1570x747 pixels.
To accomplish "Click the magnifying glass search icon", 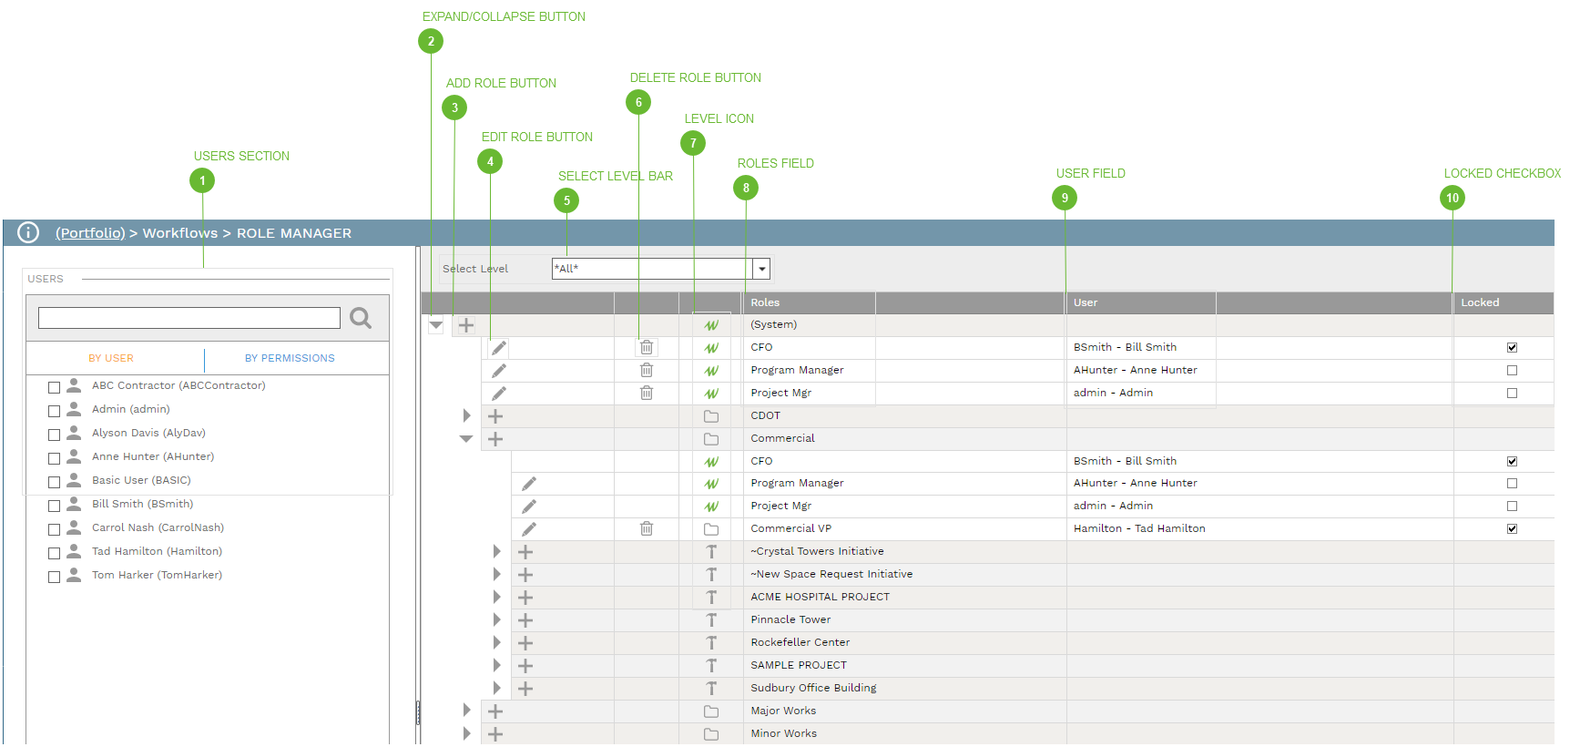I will coord(361,318).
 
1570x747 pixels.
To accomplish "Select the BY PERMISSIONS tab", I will coord(290,359).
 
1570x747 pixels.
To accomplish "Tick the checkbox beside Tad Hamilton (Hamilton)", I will coord(55,553).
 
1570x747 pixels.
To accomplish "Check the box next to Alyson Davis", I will coord(55,435).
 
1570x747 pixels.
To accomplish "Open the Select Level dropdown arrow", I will coord(762,269).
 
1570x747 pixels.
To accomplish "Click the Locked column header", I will coord(1480,302).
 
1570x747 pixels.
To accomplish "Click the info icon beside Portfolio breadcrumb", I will coord(28,233).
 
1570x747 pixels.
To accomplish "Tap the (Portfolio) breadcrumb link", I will coord(90,233).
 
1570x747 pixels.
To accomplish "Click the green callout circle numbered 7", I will coord(693,143).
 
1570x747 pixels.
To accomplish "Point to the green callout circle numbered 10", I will coord(1453,198).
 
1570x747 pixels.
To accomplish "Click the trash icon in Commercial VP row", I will coord(647,528).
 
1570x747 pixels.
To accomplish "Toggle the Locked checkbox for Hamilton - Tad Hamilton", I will coord(1512,528).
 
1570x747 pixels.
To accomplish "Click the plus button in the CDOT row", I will coord(495,416).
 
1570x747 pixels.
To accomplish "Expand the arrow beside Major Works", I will coord(466,711).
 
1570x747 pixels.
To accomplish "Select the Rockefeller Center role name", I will coord(800,642).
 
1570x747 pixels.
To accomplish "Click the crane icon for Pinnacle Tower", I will coord(711,620).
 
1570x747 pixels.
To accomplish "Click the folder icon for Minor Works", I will coord(711,734).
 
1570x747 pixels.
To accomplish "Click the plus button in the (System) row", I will coord(466,325).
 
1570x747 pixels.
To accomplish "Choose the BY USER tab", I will coord(111,359).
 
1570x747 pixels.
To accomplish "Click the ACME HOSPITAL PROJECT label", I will coord(820,597).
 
